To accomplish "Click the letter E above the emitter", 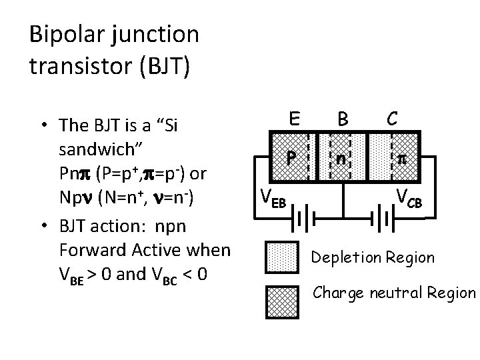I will (x=292, y=119).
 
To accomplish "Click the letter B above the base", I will (x=342, y=120).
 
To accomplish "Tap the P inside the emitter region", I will (x=291, y=159).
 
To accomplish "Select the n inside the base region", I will (x=341, y=159).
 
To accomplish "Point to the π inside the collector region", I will (x=401, y=160).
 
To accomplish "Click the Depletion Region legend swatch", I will (x=284, y=257).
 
